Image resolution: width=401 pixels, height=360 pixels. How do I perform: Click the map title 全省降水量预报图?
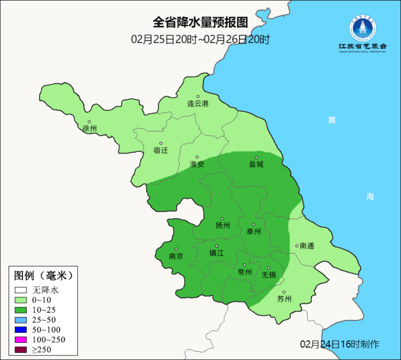tap(200, 23)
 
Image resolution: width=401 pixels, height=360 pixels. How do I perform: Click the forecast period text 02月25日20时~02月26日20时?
tap(200, 39)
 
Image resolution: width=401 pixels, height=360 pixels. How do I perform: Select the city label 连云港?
tap(198, 104)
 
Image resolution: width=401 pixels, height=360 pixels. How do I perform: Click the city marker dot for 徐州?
tap(89, 121)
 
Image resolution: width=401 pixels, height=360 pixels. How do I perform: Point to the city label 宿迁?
tap(161, 150)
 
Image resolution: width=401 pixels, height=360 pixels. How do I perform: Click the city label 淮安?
tap(197, 164)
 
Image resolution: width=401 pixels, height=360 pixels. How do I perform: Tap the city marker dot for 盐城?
tap(256, 158)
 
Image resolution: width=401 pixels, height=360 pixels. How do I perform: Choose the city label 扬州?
tap(223, 226)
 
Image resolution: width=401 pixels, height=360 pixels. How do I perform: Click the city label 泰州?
tap(254, 231)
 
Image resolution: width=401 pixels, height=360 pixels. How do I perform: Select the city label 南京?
tap(176, 256)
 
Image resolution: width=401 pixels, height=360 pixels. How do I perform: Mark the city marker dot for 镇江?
tap(217, 246)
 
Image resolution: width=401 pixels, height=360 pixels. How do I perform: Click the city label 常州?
tap(245, 272)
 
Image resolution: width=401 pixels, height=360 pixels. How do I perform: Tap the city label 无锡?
tap(269, 275)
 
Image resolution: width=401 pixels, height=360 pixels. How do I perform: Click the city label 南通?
tap(307, 246)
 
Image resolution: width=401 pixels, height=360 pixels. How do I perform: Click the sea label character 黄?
tap(332, 120)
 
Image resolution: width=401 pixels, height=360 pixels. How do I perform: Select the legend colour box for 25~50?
tap(21, 320)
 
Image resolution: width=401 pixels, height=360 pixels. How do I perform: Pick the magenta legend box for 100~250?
tap(21, 340)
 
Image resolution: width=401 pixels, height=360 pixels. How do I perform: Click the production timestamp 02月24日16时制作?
tap(340, 344)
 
